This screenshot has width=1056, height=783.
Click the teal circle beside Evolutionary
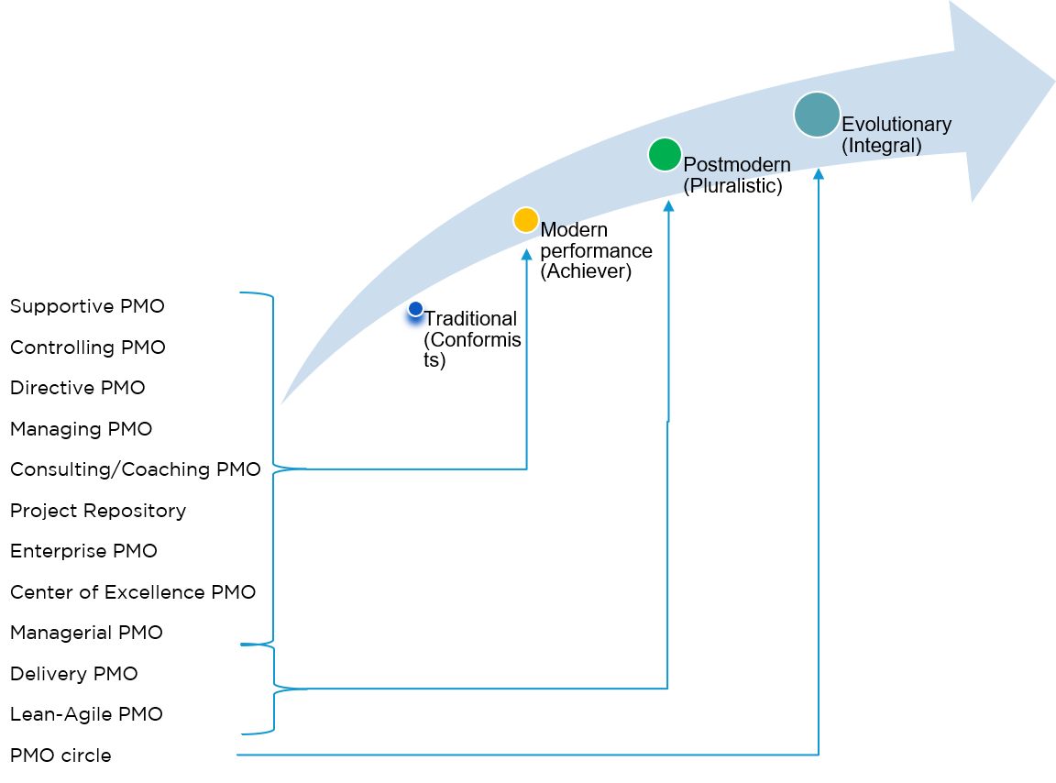pos(817,115)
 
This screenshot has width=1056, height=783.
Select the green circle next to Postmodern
pos(665,154)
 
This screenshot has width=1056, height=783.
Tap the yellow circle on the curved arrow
pos(525,220)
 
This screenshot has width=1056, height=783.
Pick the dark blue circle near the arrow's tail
pos(415,317)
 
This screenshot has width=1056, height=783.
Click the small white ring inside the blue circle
pos(415,308)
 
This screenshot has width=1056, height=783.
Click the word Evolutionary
pos(896,125)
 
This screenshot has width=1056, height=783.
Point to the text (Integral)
pos(881,145)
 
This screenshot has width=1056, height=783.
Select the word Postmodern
pos(737,165)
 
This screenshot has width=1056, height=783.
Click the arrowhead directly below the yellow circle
pos(526,254)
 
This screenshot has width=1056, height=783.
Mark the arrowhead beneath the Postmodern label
pos(668,206)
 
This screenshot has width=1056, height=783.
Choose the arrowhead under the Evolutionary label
pos(818,173)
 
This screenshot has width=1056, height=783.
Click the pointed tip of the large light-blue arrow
pos(1053,80)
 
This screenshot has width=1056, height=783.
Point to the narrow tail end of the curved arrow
pos(282,403)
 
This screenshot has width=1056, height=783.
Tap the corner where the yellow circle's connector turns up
pos(526,469)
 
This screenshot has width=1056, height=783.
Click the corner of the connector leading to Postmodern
pos(667,688)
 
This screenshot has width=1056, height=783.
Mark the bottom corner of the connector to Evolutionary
pos(818,755)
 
